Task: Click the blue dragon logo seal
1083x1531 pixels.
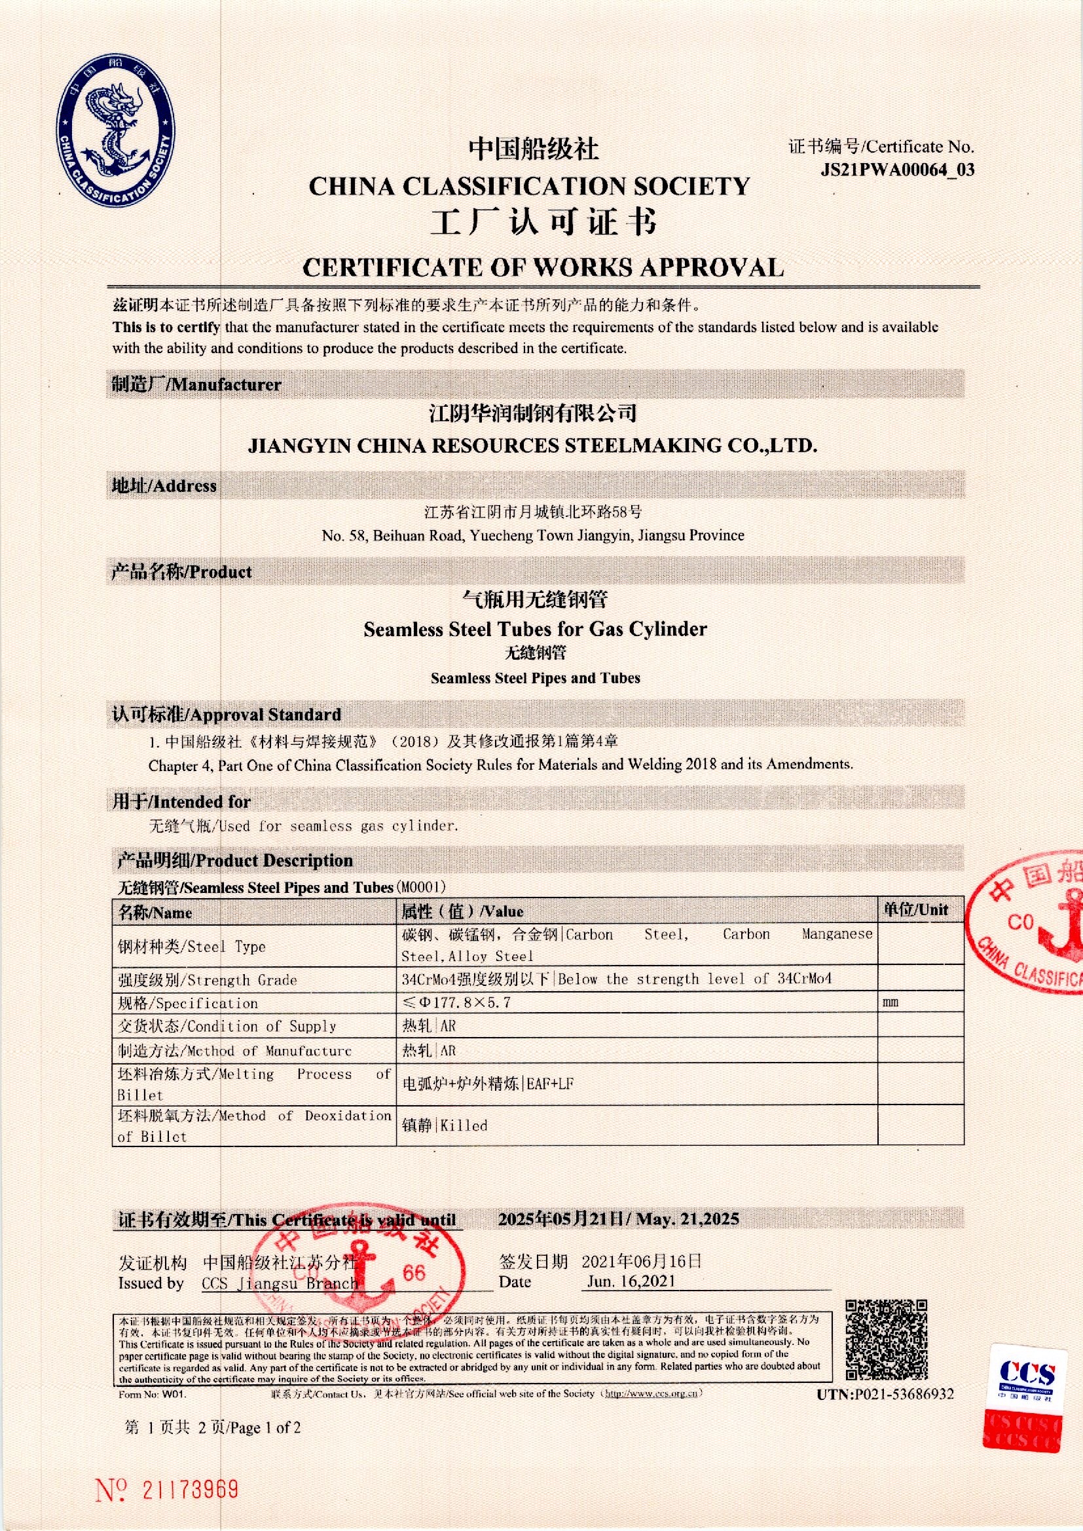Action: pyautogui.click(x=116, y=131)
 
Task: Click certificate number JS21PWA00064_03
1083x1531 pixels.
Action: pyautogui.click(x=897, y=170)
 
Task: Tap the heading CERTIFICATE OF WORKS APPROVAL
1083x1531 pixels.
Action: pyautogui.click(x=542, y=268)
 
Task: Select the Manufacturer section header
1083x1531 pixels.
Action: pyautogui.click(x=196, y=385)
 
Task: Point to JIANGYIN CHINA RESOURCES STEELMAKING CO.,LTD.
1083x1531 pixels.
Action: pyautogui.click(x=532, y=445)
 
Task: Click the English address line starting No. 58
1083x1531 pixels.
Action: pyautogui.click(x=532, y=536)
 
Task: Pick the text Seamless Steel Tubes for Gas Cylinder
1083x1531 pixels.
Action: pyautogui.click(x=535, y=629)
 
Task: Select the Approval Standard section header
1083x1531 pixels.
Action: pyautogui.click(x=227, y=715)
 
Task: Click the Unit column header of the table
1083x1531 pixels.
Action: pyautogui.click(x=915, y=910)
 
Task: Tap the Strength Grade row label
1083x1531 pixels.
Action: pyautogui.click(x=208, y=980)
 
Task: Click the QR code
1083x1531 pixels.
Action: pyautogui.click(x=886, y=1340)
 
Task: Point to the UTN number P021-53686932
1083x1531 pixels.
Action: pyautogui.click(x=885, y=1395)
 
